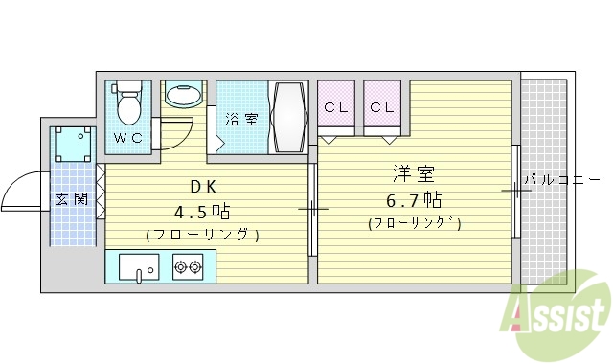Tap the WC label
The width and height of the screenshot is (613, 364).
(128, 138)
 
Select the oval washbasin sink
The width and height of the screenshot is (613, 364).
(183, 95)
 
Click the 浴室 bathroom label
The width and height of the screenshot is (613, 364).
(241, 120)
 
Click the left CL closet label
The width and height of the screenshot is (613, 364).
(335, 107)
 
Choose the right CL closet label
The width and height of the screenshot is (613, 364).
(382, 107)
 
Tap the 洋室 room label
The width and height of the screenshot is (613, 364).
(414, 175)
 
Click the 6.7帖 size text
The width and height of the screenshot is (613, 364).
(415, 200)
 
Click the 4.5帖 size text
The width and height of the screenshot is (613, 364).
(202, 211)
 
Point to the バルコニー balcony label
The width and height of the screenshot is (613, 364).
(560, 179)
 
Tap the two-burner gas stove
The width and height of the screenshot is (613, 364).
(188, 266)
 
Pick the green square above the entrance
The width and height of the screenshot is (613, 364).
(73, 144)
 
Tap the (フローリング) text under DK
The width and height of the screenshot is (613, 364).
(202, 234)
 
